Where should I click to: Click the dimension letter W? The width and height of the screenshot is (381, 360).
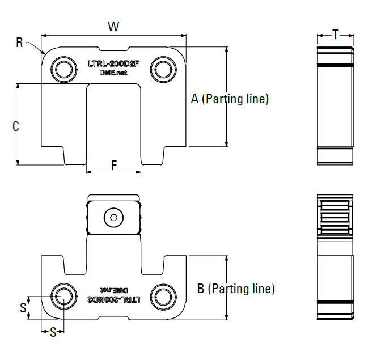pos(113,26)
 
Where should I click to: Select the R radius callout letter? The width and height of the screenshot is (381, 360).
pos(20,43)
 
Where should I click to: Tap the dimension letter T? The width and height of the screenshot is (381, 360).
pos(335,35)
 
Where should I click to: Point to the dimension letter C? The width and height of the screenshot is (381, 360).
pos(16,126)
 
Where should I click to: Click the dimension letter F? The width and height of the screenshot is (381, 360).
pos(113,166)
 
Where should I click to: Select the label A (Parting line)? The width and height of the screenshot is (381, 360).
pos(230,99)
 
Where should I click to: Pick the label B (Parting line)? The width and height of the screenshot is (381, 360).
pos(236,289)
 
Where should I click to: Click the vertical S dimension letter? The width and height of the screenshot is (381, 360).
pos(23,308)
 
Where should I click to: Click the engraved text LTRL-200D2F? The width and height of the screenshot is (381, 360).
pos(113,64)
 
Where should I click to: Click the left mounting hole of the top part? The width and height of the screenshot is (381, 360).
pos(63,69)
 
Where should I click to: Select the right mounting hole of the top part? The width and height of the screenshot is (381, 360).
pos(163,69)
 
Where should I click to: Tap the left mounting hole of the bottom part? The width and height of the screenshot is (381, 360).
pos(63,295)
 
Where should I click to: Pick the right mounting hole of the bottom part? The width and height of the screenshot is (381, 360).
pos(163,295)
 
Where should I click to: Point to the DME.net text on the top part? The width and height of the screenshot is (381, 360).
pos(113,73)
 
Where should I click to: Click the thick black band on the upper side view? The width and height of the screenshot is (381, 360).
pos(335,65)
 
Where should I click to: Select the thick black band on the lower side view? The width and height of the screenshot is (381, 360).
pos(335,302)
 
